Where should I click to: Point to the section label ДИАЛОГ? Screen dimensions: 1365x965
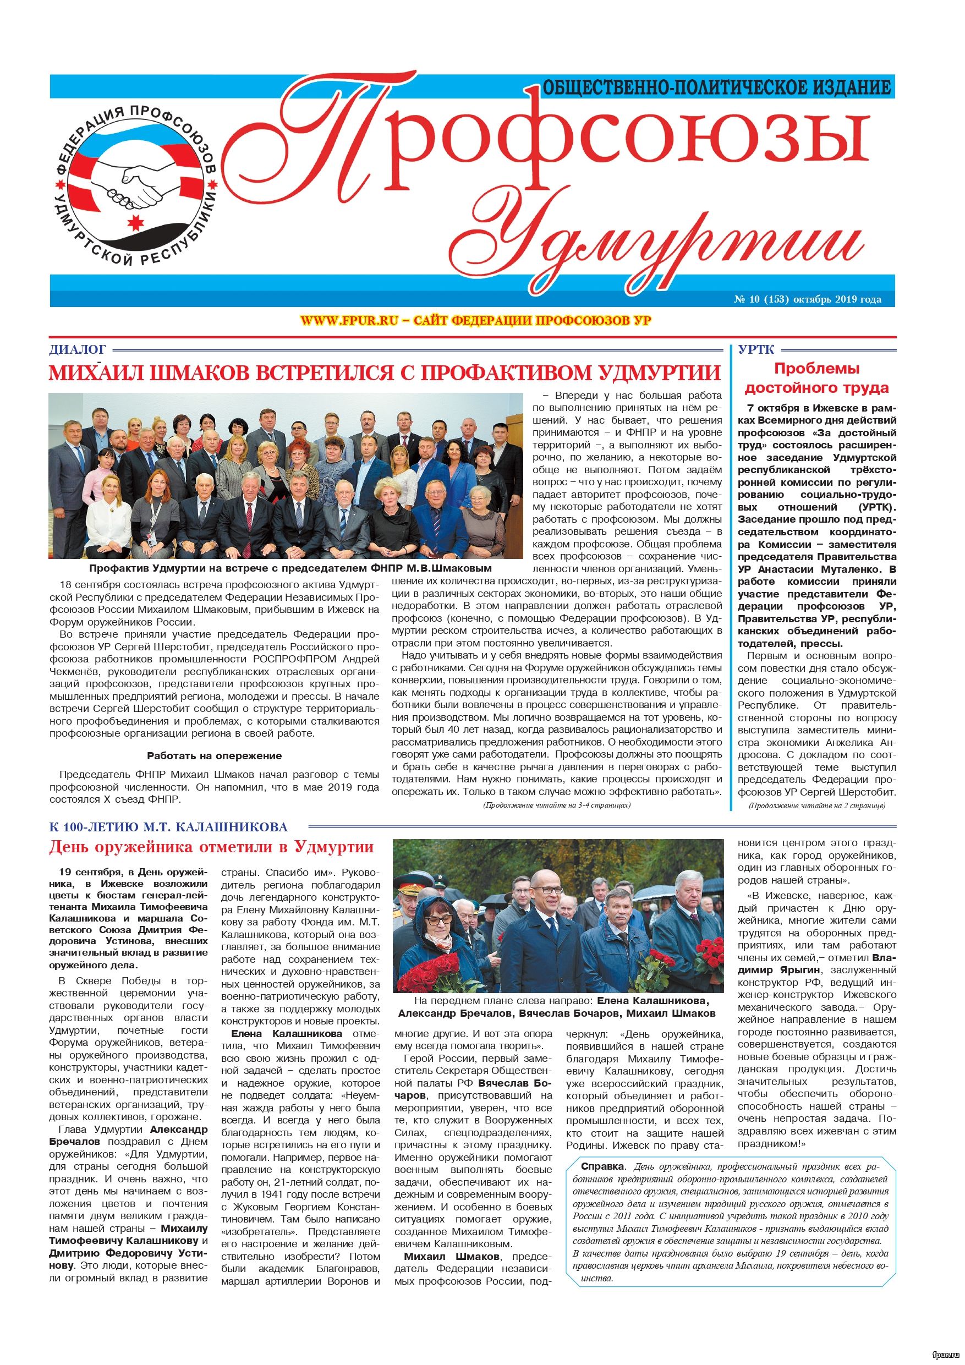76,349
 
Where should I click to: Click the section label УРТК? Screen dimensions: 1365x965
756,349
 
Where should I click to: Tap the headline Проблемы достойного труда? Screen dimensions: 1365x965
816,378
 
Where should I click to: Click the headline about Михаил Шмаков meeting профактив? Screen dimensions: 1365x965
383,373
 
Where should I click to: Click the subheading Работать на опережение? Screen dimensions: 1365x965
214,755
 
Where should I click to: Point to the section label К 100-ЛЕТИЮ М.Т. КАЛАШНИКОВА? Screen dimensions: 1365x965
168,827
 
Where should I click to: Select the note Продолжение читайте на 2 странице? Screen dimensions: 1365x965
816,805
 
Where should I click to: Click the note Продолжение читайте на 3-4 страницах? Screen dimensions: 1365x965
556,805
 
